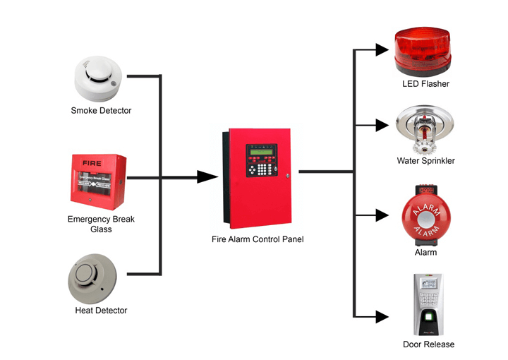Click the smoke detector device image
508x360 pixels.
99,78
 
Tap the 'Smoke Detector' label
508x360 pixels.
101,111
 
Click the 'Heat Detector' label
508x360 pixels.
101,311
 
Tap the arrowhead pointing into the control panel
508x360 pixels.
207,176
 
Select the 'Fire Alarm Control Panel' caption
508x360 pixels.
258,239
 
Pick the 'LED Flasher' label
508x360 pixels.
425,84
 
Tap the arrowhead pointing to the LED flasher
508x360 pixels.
382,49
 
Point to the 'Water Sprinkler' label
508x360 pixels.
425,161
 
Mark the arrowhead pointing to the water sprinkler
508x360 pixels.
382,126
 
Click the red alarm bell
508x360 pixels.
425,215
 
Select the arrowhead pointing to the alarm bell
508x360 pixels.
382,215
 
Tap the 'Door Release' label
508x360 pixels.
428,344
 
